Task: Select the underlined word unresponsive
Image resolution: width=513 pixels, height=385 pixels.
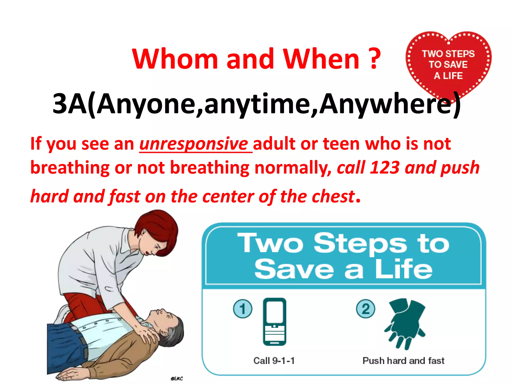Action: [x=193, y=144]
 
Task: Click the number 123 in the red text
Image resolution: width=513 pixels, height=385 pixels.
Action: [x=384, y=167]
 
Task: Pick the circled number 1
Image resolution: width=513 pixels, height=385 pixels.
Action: [x=242, y=309]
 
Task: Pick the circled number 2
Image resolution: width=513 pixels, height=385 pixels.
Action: [x=365, y=309]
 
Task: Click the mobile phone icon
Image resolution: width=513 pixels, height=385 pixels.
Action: [x=275, y=322]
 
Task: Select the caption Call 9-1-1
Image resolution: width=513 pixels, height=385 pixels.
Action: [x=274, y=361]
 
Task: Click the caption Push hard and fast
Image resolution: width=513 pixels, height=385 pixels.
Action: [x=403, y=361]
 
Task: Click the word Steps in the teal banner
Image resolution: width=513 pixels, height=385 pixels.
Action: [x=360, y=243]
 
